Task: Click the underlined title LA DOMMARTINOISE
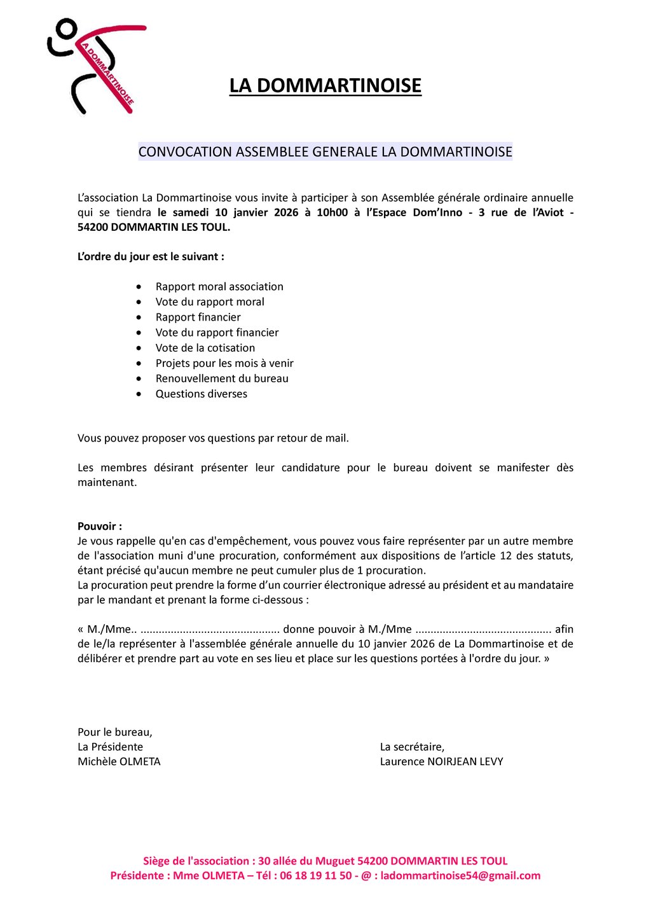coord(325,86)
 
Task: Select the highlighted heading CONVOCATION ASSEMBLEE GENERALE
coord(325,152)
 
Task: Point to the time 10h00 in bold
coord(332,212)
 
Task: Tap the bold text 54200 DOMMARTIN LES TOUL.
coord(153,227)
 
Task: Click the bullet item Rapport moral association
coord(219,287)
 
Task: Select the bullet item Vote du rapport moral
coord(210,302)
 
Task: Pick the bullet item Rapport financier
coord(198,317)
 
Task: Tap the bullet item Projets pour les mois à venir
coord(224,363)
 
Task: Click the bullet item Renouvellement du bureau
coord(222,378)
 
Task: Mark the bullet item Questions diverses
coord(201,394)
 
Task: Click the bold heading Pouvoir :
coord(100,526)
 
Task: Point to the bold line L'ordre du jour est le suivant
coord(151,257)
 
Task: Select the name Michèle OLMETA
coord(119,761)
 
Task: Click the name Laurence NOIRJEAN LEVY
coord(441,761)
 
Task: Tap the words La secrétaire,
coord(412,747)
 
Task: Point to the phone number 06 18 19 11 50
coord(315,876)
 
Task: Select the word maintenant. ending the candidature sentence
coord(107,482)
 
